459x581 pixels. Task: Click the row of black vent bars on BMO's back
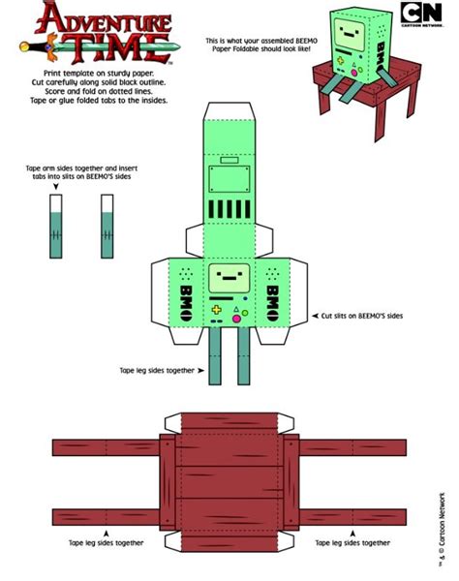[x=229, y=209]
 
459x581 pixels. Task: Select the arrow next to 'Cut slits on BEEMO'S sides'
[x=315, y=316]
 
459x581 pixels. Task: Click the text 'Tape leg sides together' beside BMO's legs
[x=157, y=370]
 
